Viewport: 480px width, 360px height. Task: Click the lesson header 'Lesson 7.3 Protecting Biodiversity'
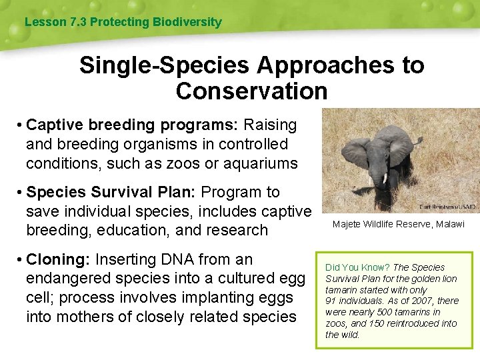pyautogui.click(x=123, y=22)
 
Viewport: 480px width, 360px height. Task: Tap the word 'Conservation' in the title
pyautogui.click(x=251, y=91)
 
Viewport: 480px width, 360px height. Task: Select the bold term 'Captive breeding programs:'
pyautogui.click(x=133, y=125)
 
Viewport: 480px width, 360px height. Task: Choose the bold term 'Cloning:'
pyautogui.click(x=59, y=259)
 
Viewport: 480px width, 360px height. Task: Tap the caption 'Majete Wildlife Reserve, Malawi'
pyautogui.click(x=398, y=225)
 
